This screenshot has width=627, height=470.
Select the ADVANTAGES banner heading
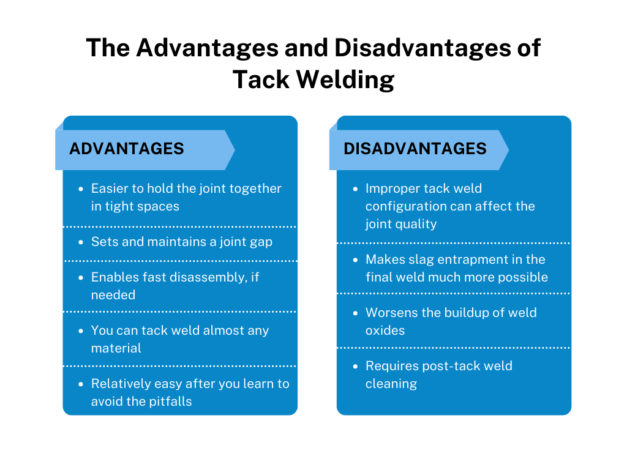point(127,149)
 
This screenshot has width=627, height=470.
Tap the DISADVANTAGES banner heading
point(415,149)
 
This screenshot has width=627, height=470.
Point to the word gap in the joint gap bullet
point(260,242)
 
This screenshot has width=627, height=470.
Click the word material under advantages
point(116,348)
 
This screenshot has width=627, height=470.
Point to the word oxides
point(385,330)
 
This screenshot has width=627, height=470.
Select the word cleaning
point(391,384)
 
